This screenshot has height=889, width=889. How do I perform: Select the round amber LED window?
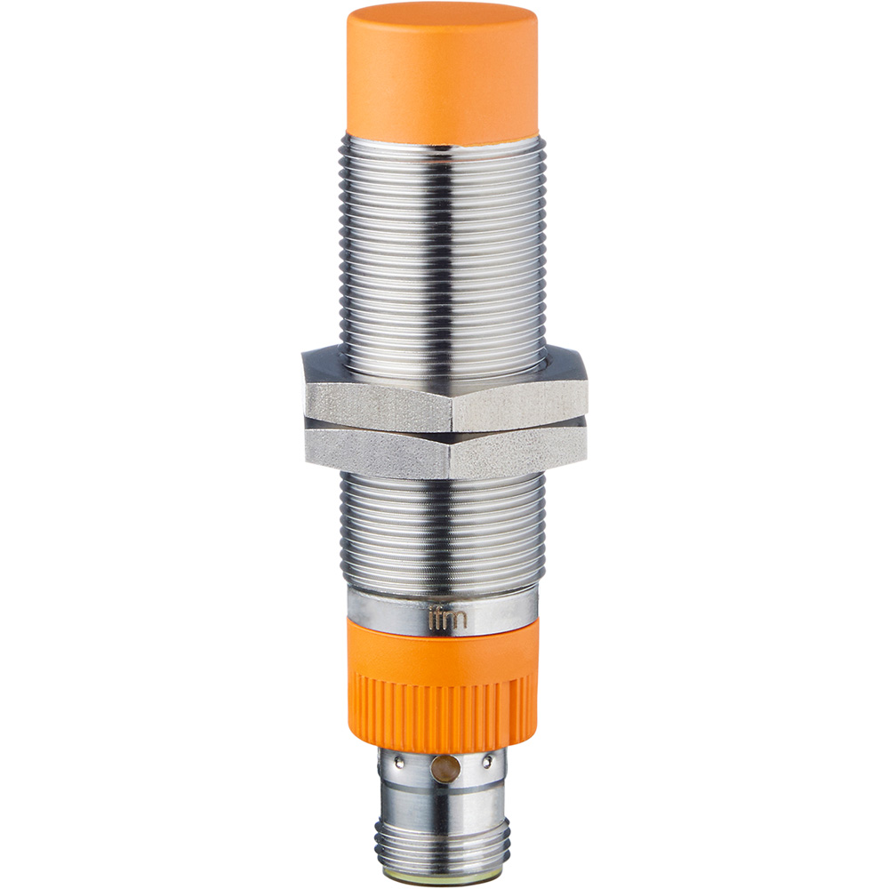[x=444, y=765]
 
